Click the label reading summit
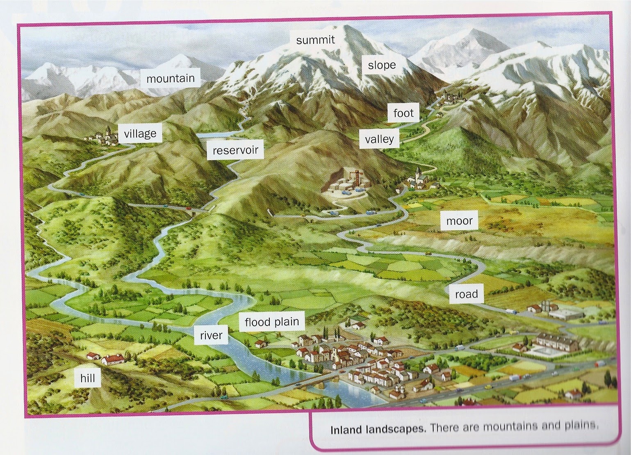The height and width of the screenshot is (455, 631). pyautogui.click(x=315, y=40)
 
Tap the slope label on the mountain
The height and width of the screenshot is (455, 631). pyautogui.click(x=381, y=65)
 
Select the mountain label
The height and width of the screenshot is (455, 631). pyautogui.click(x=170, y=78)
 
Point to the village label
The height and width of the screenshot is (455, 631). pyautogui.click(x=140, y=134)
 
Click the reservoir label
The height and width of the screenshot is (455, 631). pyautogui.click(x=235, y=150)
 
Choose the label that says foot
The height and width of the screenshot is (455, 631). pyautogui.click(x=403, y=113)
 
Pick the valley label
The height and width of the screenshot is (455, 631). pyautogui.click(x=379, y=139)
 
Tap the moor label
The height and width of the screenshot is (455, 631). pyautogui.click(x=459, y=221)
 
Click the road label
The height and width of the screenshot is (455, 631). pyautogui.click(x=466, y=294)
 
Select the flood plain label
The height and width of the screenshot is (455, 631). pyautogui.click(x=272, y=322)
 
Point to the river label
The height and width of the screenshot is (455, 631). pyautogui.click(x=211, y=335)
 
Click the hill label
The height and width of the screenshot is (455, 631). pyautogui.click(x=88, y=378)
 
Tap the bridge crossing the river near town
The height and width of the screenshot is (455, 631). pyautogui.click(x=316, y=382)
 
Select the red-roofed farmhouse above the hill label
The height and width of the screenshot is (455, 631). pyautogui.click(x=112, y=360)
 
